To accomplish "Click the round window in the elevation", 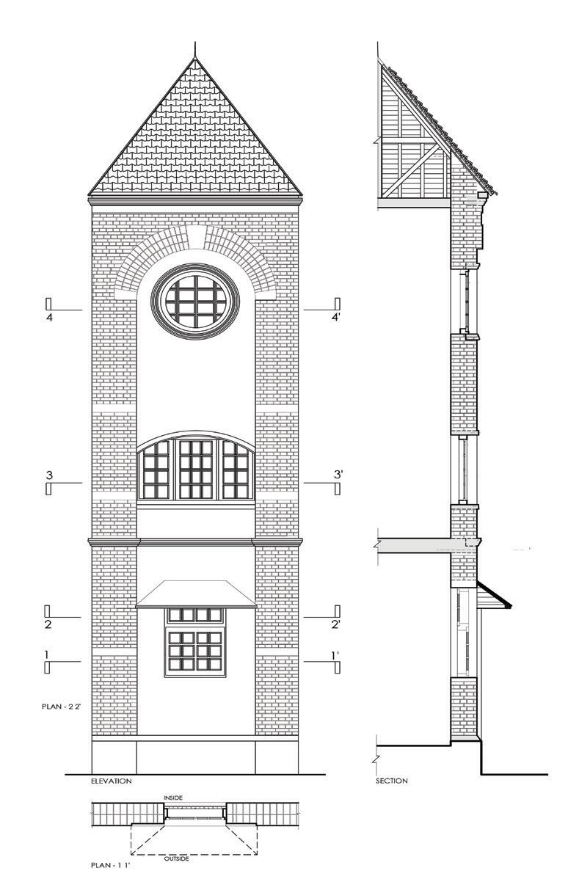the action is pyautogui.click(x=196, y=299).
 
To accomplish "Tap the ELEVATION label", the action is pyautogui.click(x=111, y=781).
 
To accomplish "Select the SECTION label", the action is pyautogui.click(x=391, y=781).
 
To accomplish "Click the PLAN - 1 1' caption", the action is pyautogui.click(x=111, y=866).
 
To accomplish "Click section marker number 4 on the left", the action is pyautogui.click(x=49, y=318).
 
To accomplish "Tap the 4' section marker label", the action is pyautogui.click(x=337, y=318).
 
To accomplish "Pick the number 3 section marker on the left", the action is pyautogui.click(x=49, y=475).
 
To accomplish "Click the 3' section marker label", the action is pyautogui.click(x=338, y=475).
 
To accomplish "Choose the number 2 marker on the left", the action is pyautogui.click(x=47, y=624).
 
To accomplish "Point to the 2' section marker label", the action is pyautogui.click(x=335, y=624).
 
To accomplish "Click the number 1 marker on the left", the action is pyautogui.click(x=46, y=654).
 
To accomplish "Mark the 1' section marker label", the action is pyautogui.click(x=335, y=654).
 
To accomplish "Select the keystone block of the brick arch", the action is pyautogui.click(x=195, y=236).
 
